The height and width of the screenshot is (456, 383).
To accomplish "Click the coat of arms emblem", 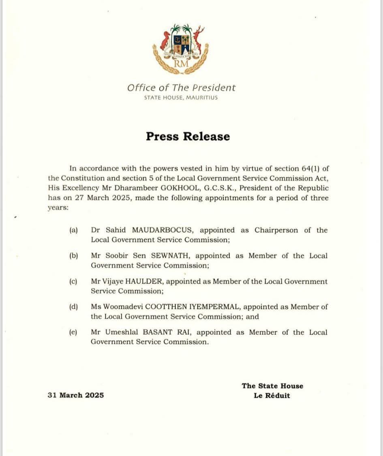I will [x=181, y=49].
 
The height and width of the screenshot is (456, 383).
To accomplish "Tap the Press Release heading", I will [x=188, y=136].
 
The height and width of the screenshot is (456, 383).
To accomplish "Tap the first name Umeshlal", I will [x=120, y=332].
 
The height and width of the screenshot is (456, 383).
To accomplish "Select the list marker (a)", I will [x=73, y=230].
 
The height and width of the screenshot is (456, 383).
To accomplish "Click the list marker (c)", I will [x=73, y=281].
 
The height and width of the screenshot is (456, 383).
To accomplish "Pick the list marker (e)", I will [x=73, y=332].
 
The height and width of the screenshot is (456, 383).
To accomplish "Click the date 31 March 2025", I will [x=75, y=395].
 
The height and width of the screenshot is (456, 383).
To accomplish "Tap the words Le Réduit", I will [x=272, y=396].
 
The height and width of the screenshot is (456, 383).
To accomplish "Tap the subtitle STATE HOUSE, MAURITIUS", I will [x=181, y=98].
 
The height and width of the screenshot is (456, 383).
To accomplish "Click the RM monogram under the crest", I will [x=181, y=63].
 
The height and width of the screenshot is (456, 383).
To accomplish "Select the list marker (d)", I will [x=73, y=307].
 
